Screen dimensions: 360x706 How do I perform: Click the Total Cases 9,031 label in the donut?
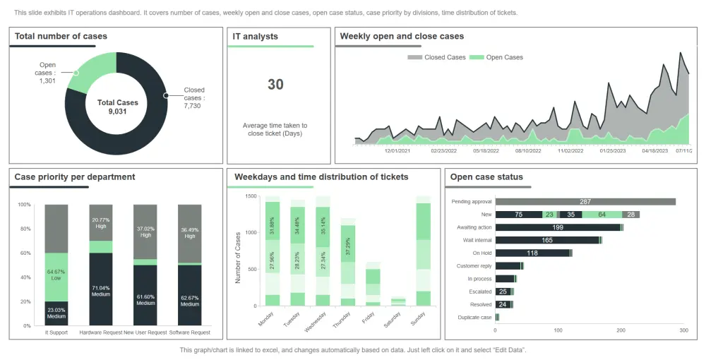117,107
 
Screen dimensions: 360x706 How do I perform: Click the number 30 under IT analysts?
275,85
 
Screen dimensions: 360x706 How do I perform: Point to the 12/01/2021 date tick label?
397,150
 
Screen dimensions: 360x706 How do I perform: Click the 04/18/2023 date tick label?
654,150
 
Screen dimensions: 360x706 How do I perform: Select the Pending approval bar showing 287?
585,202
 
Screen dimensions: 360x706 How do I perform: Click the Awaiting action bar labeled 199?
558,227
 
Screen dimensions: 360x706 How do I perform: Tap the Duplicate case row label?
475,318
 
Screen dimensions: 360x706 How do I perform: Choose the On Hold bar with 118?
532,253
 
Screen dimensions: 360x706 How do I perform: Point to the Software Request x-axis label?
190,332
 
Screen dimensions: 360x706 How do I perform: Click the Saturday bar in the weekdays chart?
398,301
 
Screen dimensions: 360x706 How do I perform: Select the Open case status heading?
486,177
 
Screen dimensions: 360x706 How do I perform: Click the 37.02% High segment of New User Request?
145,232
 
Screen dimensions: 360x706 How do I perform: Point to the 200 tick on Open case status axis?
621,330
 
